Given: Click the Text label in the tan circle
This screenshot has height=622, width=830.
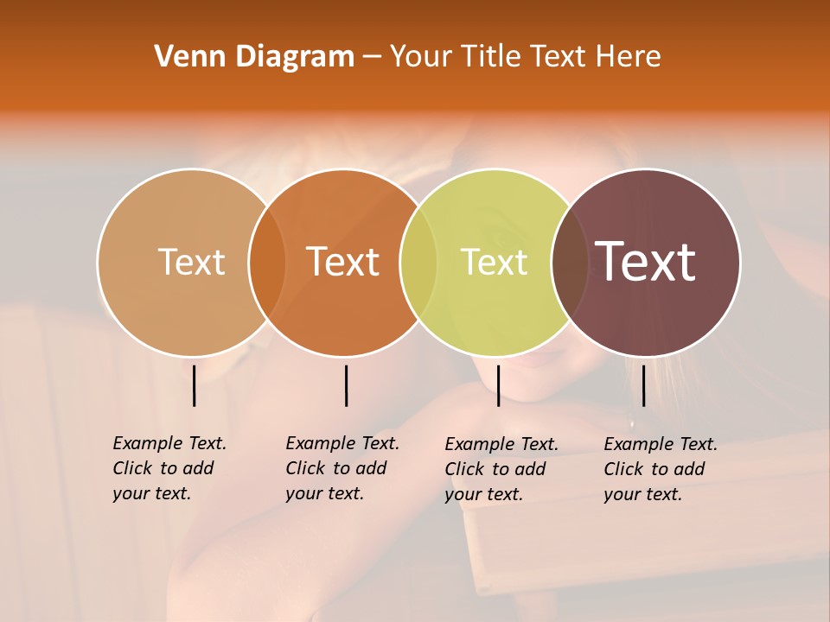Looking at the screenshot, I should pyautogui.click(x=191, y=262).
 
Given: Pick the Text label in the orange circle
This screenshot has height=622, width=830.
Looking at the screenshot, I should pyautogui.click(x=343, y=262).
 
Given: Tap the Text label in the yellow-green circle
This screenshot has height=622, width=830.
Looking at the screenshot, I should pyautogui.click(x=494, y=262).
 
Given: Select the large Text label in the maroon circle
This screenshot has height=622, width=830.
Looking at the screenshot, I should pyautogui.click(x=646, y=262).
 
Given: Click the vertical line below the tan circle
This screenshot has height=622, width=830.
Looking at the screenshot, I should pyautogui.click(x=195, y=385).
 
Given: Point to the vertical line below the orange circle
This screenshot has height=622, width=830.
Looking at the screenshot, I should pyautogui.click(x=346, y=385).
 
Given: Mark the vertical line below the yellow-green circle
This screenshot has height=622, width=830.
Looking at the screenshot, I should pyautogui.click(x=498, y=385).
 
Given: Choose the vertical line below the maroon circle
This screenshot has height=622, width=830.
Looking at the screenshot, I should pyautogui.click(x=644, y=385).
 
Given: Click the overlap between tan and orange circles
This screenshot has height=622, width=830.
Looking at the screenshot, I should pyautogui.click(x=267, y=263).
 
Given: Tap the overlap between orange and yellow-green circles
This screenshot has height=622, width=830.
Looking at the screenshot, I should pyautogui.click(x=418, y=263).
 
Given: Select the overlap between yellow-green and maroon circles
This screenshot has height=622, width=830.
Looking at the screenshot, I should pyautogui.click(x=569, y=263).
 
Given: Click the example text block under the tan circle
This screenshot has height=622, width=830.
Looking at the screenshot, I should pyautogui.click(x=169, y=468).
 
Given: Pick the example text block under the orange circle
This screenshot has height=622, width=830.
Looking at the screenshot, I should pyautogui.click(x=342, y=468).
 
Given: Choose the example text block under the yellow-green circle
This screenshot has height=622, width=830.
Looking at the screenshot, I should pyautogui.click(x=501, y=469).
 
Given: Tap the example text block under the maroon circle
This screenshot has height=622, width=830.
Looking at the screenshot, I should pyautogui.click(x=660, y=469).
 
